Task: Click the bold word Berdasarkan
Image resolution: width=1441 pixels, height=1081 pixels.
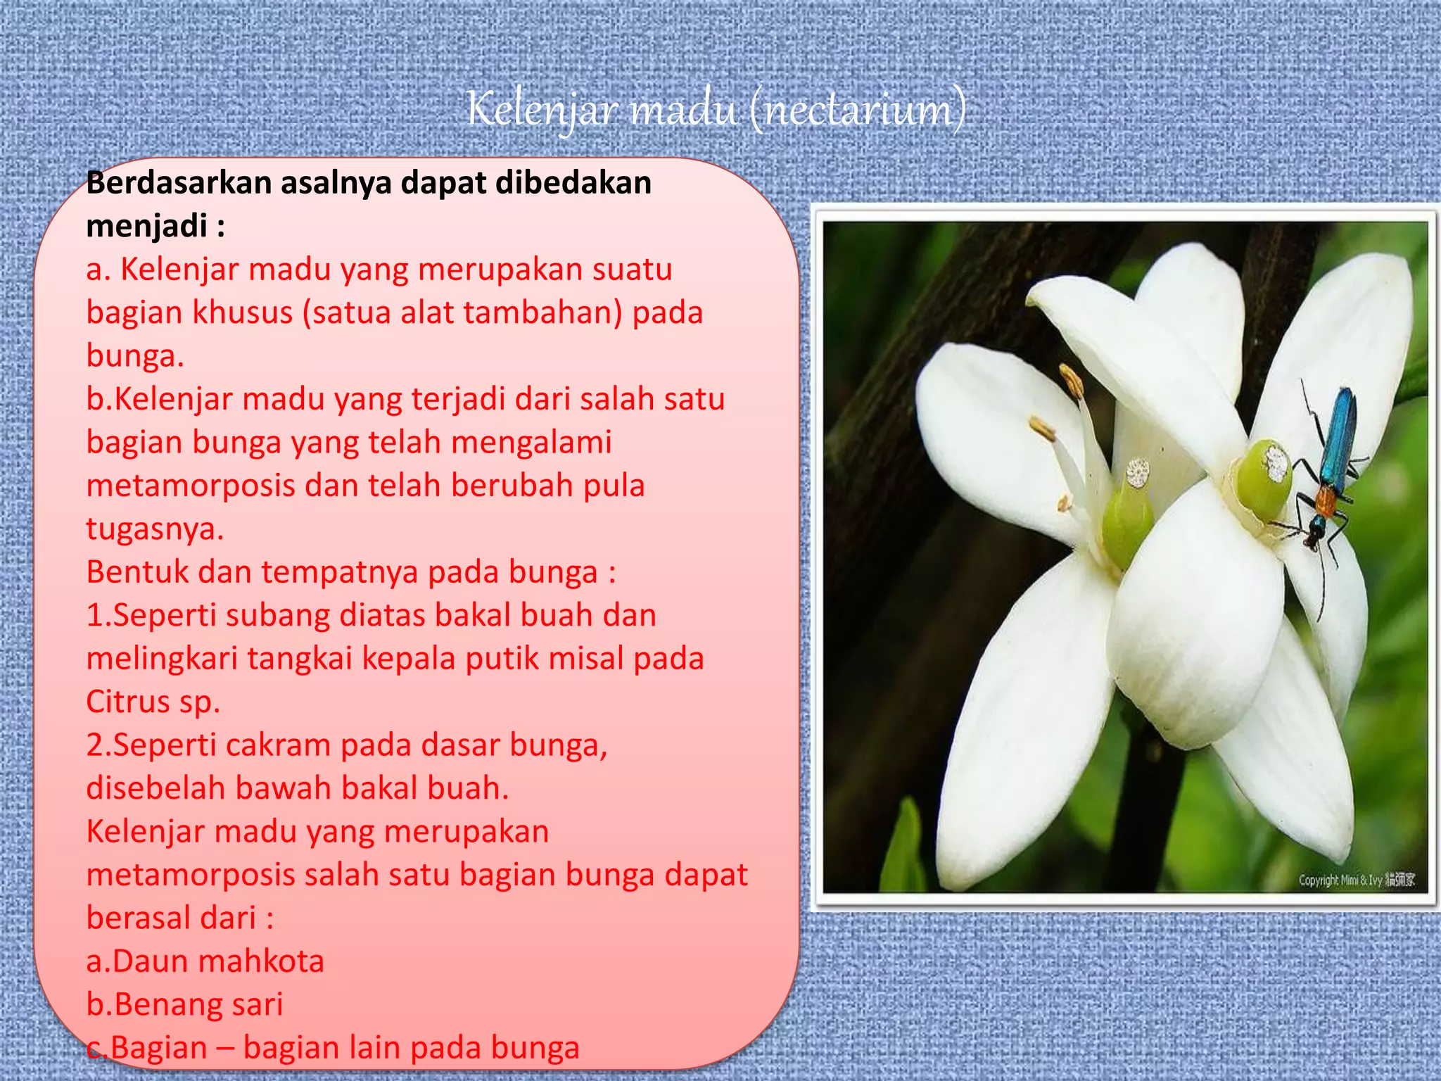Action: [x=179, y=183]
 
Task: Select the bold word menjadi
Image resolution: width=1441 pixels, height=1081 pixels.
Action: [x=147, y=226]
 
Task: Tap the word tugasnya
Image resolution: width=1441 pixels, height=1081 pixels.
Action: [x=155, y=529]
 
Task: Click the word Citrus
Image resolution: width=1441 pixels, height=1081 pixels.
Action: [x=127, y=702]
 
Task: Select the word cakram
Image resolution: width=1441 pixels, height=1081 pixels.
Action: [x=279, y=745]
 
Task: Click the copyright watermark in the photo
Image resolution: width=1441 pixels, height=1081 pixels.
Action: [x=1356, y=880]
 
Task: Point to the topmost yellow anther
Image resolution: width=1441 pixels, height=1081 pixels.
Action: [x=1072, y=381]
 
